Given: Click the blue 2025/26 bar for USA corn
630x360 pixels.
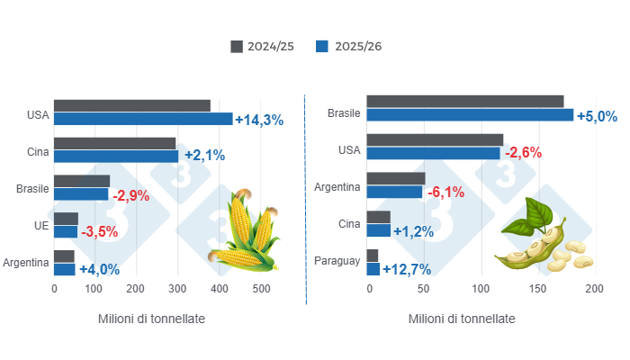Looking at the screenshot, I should [x=143, y=119].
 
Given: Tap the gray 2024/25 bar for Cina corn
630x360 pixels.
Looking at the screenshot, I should [x=114, y=143].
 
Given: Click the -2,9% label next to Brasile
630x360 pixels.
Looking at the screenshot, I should [x=130, y=194].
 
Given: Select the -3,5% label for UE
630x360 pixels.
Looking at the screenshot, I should [x=99, y=232].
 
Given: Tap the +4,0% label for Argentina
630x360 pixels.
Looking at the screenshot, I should [x=98, y=269].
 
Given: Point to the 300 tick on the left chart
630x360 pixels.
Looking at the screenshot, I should [x=177, y=289].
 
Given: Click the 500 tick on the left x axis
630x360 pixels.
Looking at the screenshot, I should [x=260, y=289].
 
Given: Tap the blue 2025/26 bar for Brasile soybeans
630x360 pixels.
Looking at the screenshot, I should [x=470, y=115].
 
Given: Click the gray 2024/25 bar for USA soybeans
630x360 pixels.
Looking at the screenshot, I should [x=435, y=139].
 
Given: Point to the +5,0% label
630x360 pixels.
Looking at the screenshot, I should [x=597, y=116].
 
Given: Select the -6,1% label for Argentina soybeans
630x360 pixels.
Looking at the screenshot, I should [x=445, y=193].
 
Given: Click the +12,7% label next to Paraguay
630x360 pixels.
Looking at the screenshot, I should [x=407, y=269].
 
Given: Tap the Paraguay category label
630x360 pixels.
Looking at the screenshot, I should [x=337, y=262].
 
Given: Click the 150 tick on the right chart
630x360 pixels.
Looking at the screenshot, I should [x=537, y=289].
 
